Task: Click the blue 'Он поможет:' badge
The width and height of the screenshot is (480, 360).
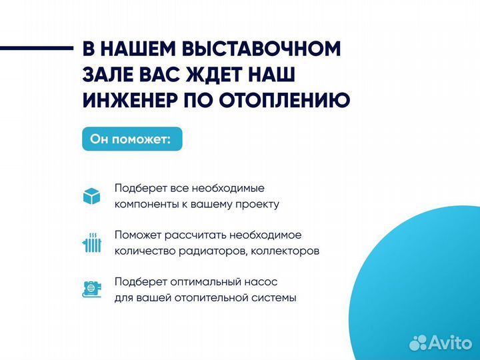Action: click(131, 140)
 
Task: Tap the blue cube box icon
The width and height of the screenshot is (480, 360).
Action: click(91, 196)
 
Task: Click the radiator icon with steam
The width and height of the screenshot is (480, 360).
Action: click(91, 243)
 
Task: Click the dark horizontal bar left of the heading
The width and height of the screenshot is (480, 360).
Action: click(36, 48)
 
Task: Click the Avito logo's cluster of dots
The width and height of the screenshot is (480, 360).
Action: click(419, 342)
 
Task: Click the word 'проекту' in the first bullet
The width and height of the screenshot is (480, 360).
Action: click(258, 205)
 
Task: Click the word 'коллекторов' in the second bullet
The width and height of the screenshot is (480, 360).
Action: click(285, 251)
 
